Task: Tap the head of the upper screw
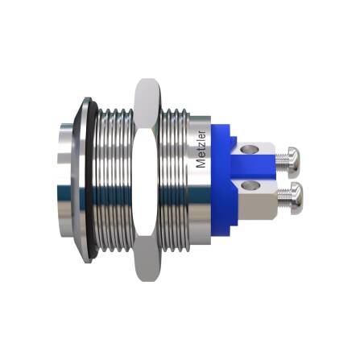[294, 159]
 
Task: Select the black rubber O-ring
[93, 179]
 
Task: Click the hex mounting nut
[145, 179]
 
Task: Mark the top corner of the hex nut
[146, 81]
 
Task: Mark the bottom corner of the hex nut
[146, 278]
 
